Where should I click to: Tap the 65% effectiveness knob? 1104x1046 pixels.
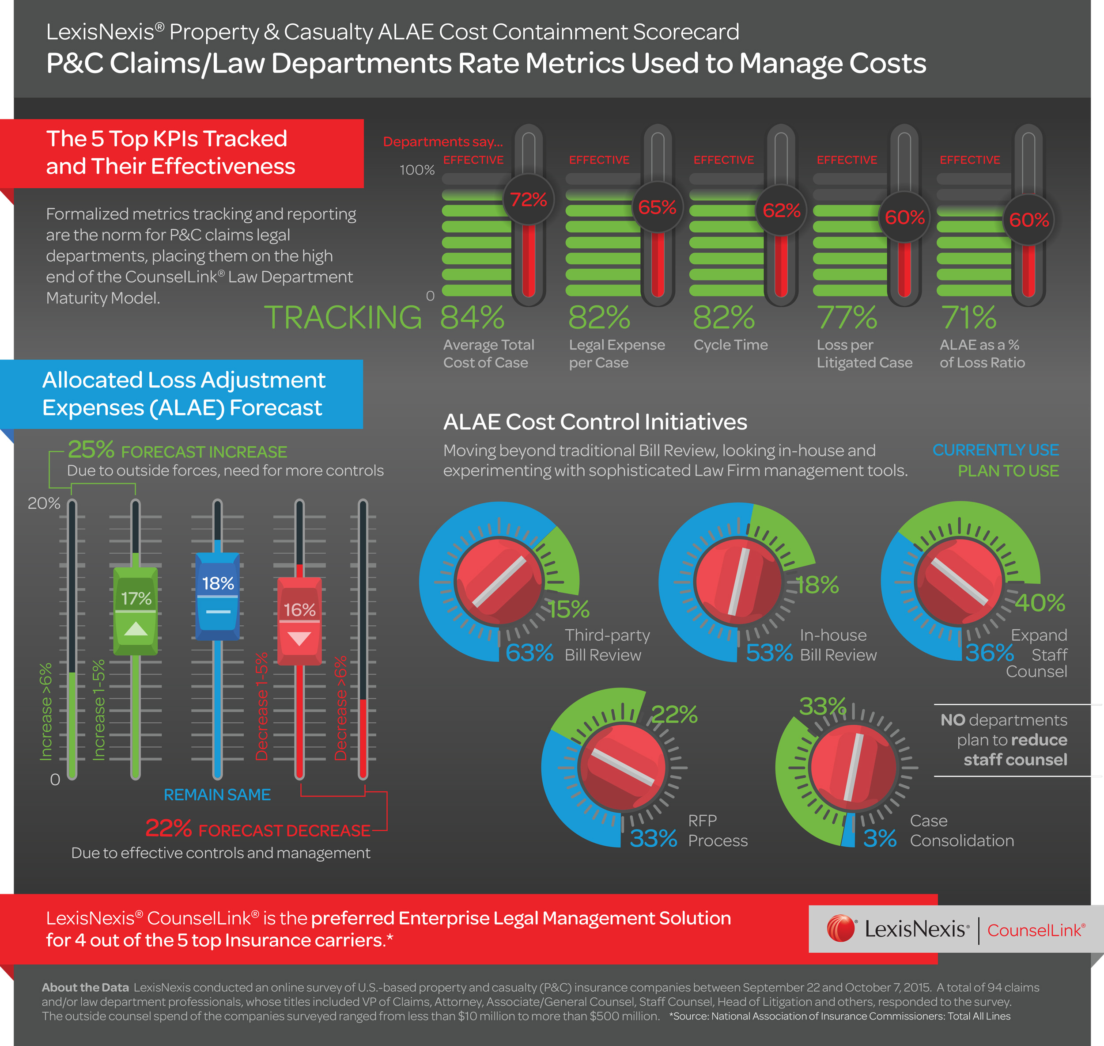click(658, 207)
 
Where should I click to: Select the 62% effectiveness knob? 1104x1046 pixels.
click(781, 210)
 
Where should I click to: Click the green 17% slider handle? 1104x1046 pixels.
click(136, 611)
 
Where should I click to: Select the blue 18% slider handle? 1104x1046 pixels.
click(217, 596)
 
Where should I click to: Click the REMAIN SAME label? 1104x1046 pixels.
click(217, 795)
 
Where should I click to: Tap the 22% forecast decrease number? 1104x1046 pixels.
click(168, 829)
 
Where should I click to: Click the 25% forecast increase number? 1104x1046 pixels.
click(91, 449)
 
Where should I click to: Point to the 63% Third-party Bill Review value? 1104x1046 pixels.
click(529, 653)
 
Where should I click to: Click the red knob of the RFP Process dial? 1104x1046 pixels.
click(623, 767)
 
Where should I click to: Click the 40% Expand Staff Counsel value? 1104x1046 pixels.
click(1040, 603)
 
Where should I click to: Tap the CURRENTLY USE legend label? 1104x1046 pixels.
click(995, 450)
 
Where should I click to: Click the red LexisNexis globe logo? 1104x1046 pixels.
click(840, 929)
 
